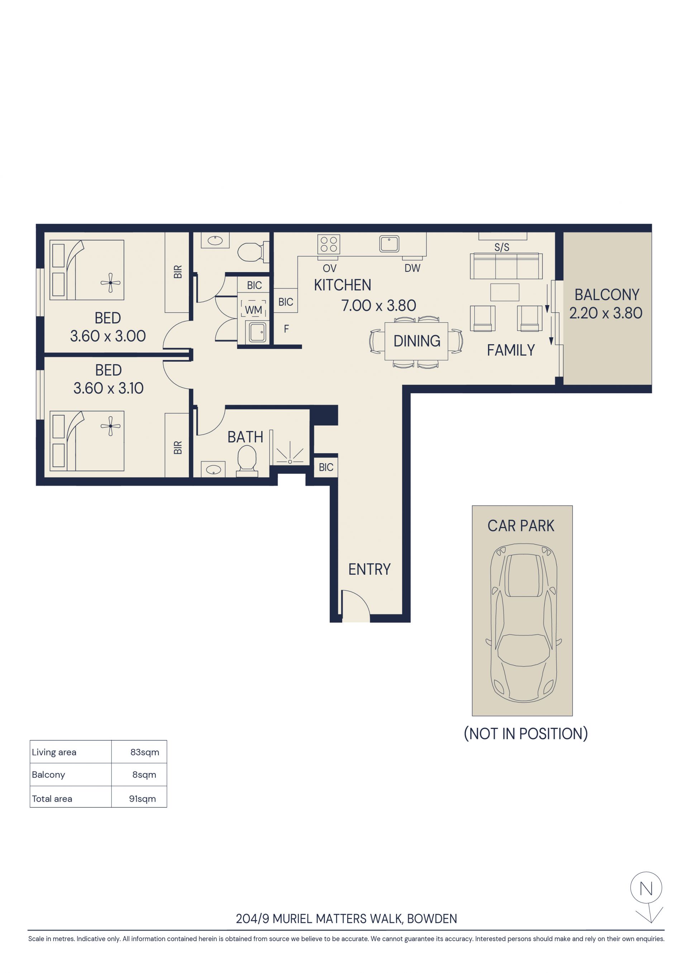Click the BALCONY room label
tap(607, 295)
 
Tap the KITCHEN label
tap(342, 285)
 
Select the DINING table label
tap(417, 341)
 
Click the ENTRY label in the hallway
tap(369, 569)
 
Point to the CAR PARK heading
tap(521, 526)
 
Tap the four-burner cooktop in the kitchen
tap(329, 245)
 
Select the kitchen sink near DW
tap(389, 244)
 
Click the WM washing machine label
tap(253, 310)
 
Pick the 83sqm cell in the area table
tap(145, 752)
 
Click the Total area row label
tap(52, 799)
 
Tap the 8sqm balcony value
tap(144, 775)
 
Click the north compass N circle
tap(646, 888)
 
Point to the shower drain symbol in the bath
tap(290, 462)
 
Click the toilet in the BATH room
tap(247, 462)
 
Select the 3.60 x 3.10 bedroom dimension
tap(109, 388)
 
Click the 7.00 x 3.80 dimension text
tap(379, 305)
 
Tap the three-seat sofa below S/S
tap(506, 266)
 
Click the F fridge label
tap(286, 329)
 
